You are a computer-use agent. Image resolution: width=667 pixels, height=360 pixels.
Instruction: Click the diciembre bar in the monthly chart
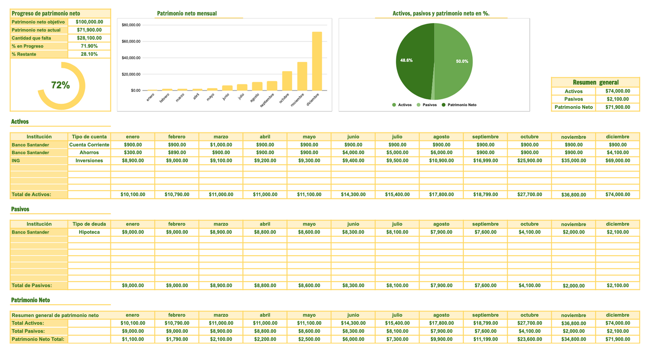[x=317, y=61]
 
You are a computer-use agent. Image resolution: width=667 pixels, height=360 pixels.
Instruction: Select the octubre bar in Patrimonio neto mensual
[x=287, y=81]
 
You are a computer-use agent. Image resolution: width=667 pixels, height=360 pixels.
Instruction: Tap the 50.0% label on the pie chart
[x=462, y=61]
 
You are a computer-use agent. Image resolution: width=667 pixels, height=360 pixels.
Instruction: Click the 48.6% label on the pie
[x=406, y=60]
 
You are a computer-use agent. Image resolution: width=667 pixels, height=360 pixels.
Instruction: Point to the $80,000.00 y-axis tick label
[x=131, y=25]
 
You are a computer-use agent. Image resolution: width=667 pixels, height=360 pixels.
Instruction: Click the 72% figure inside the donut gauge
[x=60, y=85]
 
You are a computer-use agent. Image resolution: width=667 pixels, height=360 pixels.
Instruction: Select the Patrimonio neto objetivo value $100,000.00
[x=89, y=22]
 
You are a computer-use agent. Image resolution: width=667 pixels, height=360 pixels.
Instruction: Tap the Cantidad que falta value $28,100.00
[x=89, y=38]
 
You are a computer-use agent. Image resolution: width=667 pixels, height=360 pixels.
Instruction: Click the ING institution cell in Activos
[x=39, y=161]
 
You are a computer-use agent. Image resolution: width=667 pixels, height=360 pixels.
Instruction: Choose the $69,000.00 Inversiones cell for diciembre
[x=618, y=161]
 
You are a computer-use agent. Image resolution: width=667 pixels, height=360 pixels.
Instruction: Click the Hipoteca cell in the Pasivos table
[x=89, y=232]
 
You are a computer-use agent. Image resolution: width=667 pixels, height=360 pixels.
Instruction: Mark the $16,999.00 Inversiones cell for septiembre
[x=485, y=161]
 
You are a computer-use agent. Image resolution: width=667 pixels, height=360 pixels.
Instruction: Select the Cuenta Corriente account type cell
[x=89, y=144]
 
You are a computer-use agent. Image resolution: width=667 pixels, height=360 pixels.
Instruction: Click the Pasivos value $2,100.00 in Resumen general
[x=618, y=99]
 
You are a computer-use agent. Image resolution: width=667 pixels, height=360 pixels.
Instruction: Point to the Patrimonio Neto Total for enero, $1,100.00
[x=132, y=339]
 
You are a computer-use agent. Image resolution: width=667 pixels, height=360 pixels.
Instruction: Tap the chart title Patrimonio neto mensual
[x=187, y=14]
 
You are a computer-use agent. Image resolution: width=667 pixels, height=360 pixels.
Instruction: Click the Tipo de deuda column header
[x=89, y=224]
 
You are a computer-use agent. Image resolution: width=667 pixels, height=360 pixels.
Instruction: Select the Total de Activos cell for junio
[x=353, y=195]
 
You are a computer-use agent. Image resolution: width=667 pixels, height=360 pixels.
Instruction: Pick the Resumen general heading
[x=595, y=82]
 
